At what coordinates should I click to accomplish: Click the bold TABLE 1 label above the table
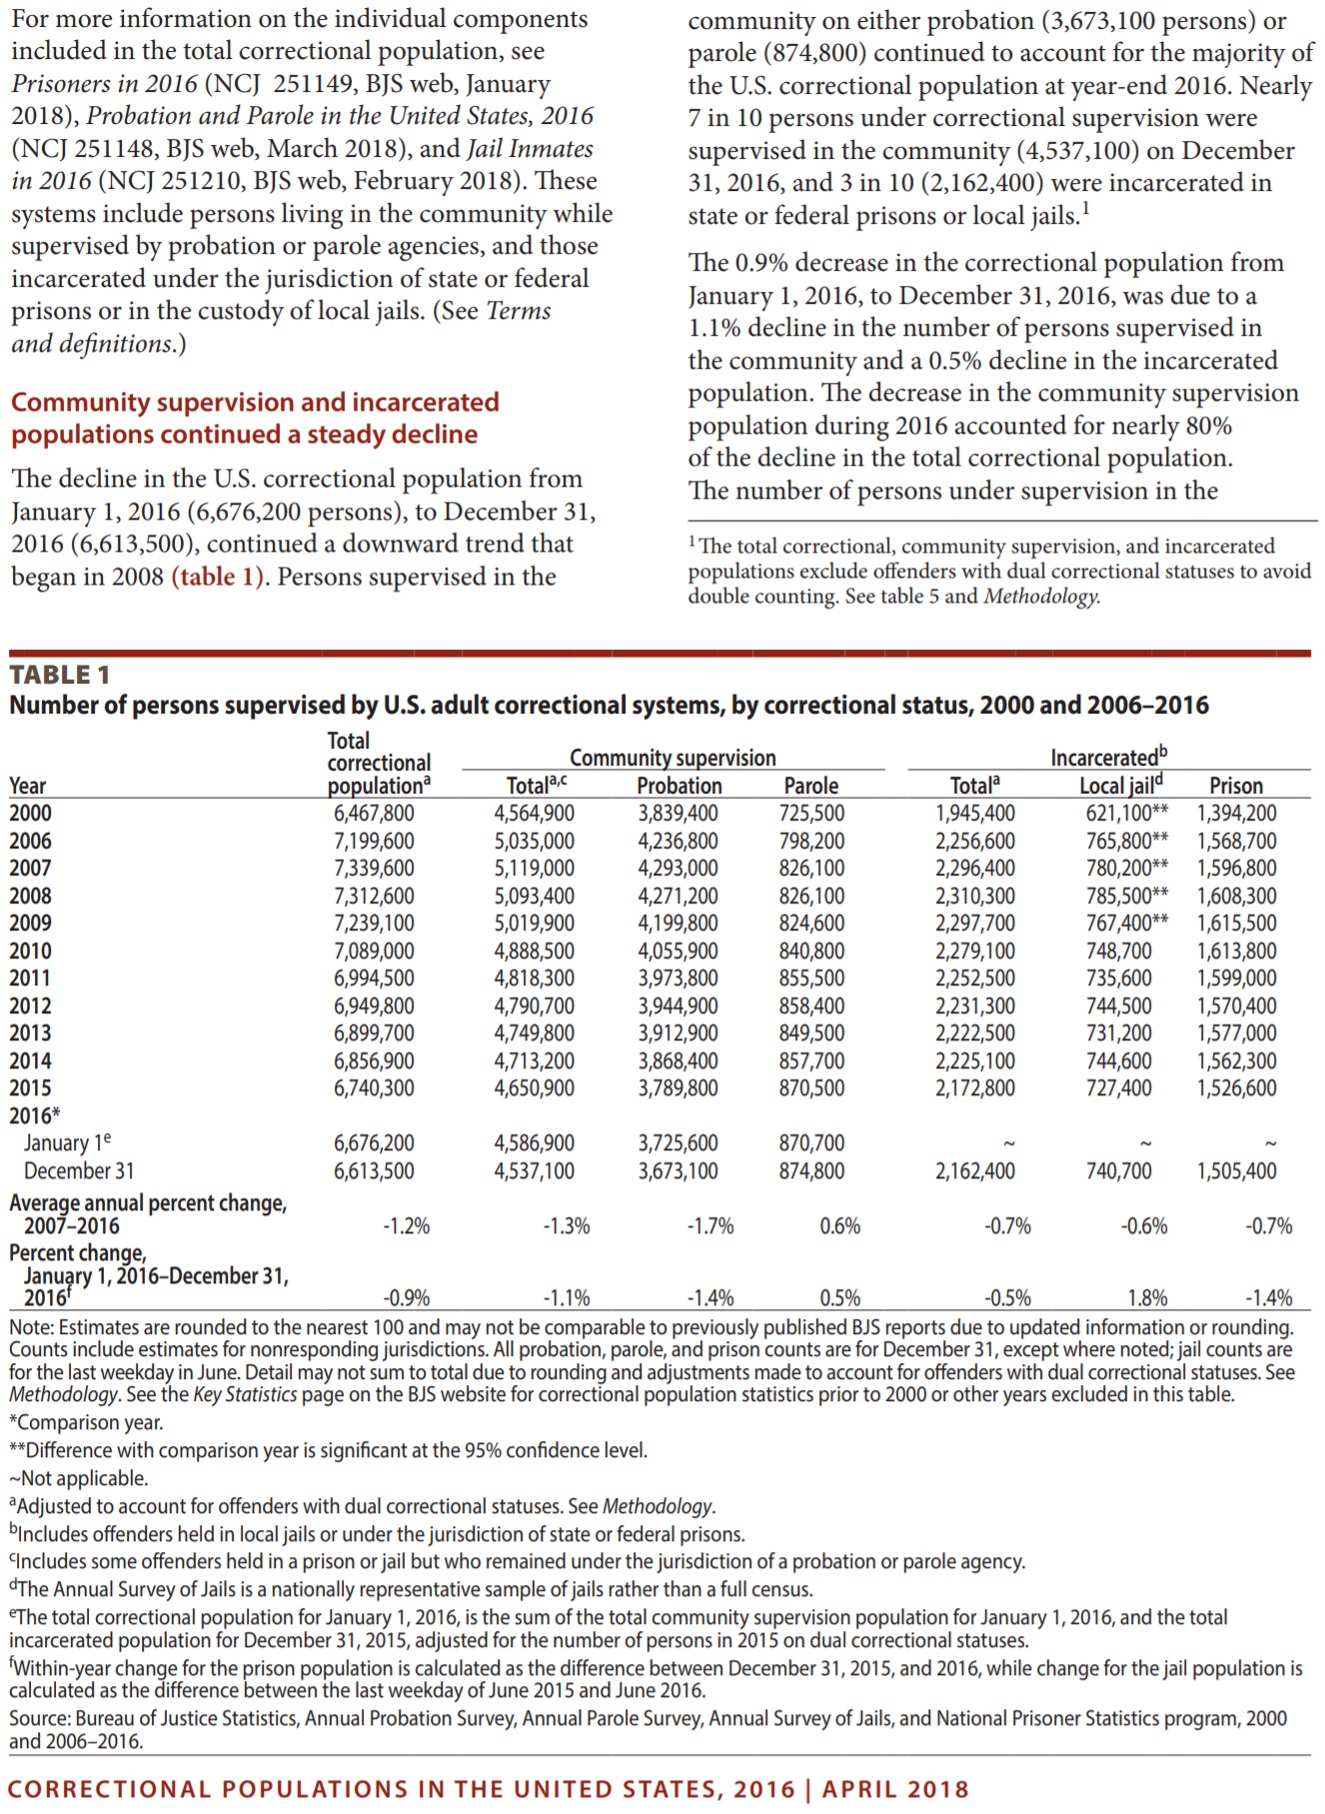click(x=60, y=675)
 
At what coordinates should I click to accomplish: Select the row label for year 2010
click(x=30, y=950)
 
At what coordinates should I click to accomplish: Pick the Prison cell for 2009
click(x=1236, y=923)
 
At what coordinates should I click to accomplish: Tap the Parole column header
click(x=810, y=786)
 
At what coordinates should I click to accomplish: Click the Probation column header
click(x=678, y=786)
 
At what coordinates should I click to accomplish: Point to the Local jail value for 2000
click(x=1126, y=814)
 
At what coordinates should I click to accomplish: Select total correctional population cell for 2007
click(x=374, y=869)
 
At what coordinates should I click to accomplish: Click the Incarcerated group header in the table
click(x=1107, y=758)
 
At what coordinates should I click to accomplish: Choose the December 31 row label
click(x=79, y=1170)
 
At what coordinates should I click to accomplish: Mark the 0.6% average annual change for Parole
click(x=839, y=1225)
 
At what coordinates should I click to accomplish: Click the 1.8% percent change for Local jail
click(x=1147, y=1298)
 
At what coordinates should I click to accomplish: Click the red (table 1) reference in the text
click(x=219, y=577)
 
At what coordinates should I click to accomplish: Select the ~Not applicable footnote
click(x=79, y=1478)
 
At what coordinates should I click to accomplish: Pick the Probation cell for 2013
click(x=677, y=1033)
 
